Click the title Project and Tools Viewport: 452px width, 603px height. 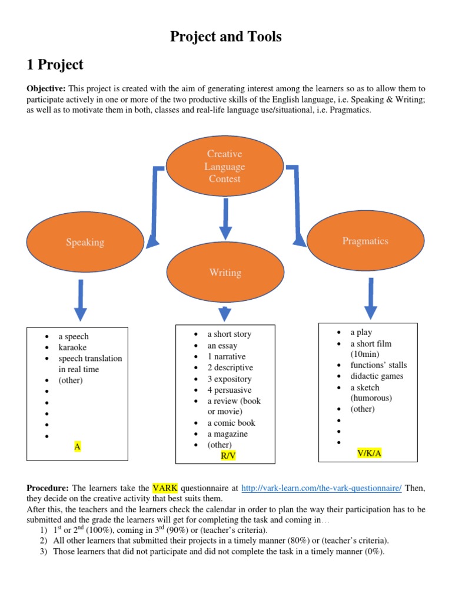click(225, 37)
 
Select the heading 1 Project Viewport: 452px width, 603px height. click(55, 65)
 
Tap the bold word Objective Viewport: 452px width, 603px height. click(46, 88)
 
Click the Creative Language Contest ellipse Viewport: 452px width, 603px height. click(225, 166)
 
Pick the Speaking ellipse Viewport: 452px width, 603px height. click(85, 242)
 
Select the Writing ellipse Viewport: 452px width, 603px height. click(225, 272)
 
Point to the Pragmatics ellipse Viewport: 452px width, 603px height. click(365, 241)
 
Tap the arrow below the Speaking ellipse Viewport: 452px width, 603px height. click(80, 300)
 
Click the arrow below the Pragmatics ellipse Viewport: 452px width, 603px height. click(371, 299)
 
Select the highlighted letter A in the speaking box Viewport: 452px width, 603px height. click(77, 446)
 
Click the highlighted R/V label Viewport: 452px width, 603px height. click(228, 456)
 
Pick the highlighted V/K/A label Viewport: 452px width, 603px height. click(369, 453)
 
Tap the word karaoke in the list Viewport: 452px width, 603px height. click(72, 347)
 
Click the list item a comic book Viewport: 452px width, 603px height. click(231, 423)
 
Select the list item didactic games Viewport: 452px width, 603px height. click(377, 376)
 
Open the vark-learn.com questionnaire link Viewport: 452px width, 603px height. click(321, 488)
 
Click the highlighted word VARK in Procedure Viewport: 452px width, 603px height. click(165, 488)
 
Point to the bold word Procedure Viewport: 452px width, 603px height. click(48, 488)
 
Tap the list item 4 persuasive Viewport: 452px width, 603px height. click(229, 390)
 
